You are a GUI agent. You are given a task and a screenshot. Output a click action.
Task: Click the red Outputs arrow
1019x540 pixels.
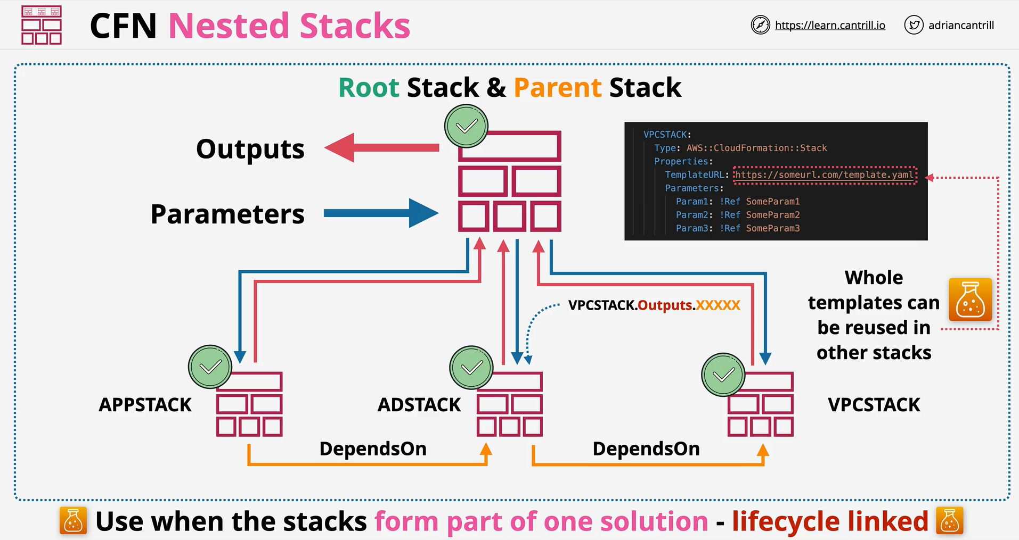(x=381, y=148)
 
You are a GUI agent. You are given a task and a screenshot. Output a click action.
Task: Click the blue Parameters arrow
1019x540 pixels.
(x=381, y=213)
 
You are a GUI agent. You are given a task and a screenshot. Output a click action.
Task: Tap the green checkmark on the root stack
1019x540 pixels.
(x=467, y=126)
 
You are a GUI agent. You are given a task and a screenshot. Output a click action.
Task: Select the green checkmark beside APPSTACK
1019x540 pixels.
(x=210, y=367)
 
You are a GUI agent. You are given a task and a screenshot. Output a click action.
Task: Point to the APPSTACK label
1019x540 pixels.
(x=145, y=405)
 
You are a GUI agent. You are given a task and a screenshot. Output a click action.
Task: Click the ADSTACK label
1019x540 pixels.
(x=419, y=405)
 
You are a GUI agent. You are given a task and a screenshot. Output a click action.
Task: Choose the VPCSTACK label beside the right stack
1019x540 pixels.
(x=874, y=405)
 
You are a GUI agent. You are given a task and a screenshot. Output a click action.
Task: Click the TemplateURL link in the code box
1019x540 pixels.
(x=825, y=175)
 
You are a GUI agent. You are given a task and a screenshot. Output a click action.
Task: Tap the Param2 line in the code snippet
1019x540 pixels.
(x=738, y=215)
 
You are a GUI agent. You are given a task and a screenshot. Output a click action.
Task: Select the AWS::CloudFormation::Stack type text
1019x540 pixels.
(x=756, y=148)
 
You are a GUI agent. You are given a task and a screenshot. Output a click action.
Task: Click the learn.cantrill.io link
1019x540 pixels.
(x=830, y=25)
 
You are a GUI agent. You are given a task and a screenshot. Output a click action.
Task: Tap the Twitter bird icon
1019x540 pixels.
(x=914, y=25)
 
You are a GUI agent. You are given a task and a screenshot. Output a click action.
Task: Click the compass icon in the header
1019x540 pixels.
(x=760, y=25)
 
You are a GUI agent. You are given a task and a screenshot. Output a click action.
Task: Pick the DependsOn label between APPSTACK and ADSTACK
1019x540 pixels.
(x=373, y=448)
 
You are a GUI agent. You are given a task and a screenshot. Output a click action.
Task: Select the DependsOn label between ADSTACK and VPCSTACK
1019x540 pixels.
(x=646, y=448)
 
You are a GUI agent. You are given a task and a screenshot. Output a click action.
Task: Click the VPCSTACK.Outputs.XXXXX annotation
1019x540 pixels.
(x=654, y=305)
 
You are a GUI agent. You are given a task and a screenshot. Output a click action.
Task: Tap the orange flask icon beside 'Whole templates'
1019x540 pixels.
(x=970, y=300)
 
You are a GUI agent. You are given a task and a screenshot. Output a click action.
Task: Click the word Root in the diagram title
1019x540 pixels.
(x=369, y=87)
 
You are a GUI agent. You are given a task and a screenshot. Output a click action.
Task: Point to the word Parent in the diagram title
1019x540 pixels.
(x=558, y=87)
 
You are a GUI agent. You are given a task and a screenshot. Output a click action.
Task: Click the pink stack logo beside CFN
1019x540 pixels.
(x=42, y=25)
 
